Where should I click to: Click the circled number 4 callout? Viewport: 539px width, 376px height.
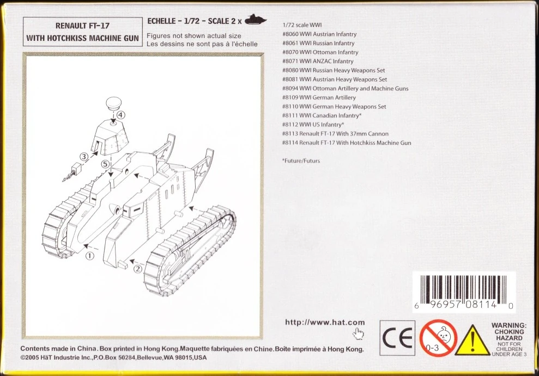pos(120,115)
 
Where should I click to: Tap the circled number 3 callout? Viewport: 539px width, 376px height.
pos(84,157)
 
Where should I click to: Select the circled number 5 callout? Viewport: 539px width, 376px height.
pos(106,164)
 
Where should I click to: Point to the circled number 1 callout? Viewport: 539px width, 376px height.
pos(89,256)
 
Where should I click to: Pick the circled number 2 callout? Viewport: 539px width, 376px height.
pos(138,269)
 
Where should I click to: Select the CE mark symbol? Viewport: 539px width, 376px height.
pos(397,338)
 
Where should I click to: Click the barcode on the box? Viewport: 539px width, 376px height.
pos(464,292)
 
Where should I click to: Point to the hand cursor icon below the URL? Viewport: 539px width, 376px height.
pos(358,334)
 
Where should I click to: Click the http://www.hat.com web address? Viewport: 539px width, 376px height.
pos(325,322)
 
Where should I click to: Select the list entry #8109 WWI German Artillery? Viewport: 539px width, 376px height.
pos(319,97)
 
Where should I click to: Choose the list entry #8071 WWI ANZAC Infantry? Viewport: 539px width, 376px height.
pos(318,61)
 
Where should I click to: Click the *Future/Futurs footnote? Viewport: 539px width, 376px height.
pos(301,161)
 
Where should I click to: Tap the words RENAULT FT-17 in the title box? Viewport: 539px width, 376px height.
pos(82,26)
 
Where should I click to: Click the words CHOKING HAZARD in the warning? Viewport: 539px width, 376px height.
pos(510,335)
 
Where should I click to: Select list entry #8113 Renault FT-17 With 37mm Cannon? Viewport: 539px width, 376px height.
pos(335,134)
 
